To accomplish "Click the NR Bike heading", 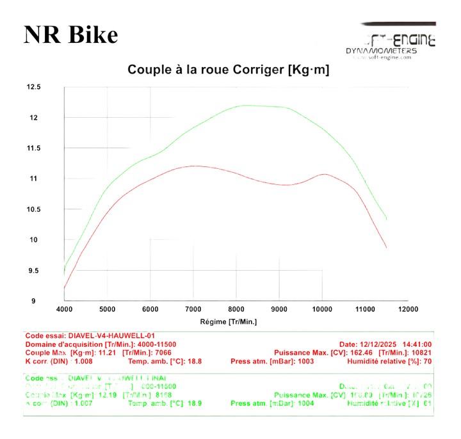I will click(x=70, y=35).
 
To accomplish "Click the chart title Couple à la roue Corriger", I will click(x=229, y=70).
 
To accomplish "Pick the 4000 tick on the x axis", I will click(x=64, y=310).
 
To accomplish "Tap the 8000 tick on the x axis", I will click(x=236, y=310).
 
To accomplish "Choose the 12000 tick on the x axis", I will click(x=408, y=310).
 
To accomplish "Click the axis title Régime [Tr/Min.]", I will click(x=229, y=321).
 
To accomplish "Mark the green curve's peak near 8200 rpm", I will click(x=246, y=106).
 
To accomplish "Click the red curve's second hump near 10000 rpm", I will click(x=325, y=173).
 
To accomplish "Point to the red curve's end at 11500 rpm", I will click(x=386, y=247).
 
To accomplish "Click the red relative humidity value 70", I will click(x=429, y=362).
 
